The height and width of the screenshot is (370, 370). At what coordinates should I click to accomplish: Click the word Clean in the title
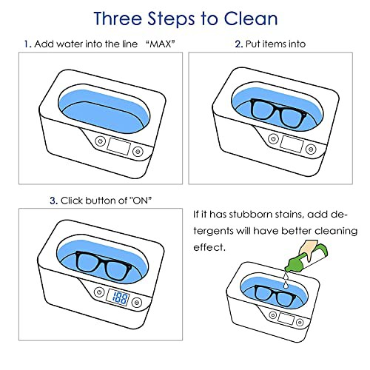point(251,18)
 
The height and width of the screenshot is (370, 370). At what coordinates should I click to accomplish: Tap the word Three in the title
point(118,18)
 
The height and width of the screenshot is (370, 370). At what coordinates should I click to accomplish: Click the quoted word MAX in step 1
point(161,44)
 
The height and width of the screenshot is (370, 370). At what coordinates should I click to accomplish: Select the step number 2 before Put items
point(239,44)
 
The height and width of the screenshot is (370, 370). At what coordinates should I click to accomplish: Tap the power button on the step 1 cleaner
point(100,141)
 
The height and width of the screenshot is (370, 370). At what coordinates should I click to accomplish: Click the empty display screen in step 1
point(118,146)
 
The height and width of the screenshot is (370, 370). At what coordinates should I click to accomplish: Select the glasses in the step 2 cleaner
point(278,112)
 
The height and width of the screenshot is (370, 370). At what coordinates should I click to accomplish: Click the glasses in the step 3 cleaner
point(104,266)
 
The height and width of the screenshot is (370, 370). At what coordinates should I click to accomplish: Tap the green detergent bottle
point(306,258)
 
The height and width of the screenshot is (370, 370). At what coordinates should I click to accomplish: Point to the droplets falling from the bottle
point(286,280)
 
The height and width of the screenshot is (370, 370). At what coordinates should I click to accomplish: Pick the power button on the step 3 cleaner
point(99,292)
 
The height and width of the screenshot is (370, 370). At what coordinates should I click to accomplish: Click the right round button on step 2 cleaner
point(311,149)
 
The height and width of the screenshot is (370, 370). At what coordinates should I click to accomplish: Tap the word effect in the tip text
point(209,247)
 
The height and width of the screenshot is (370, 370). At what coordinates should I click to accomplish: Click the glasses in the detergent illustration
point(275,295)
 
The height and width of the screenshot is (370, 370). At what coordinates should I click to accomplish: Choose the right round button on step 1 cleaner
point(138,151)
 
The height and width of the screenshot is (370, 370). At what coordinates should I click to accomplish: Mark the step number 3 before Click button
point(53,201)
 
